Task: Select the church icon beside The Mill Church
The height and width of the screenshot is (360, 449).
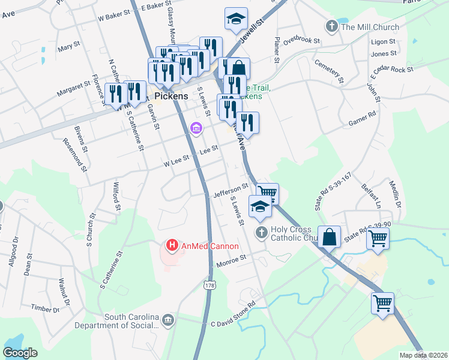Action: coord(331,26)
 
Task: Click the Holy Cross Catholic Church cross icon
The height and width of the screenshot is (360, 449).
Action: coord(261,232)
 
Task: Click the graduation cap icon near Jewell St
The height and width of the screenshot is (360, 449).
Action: coord(237,19)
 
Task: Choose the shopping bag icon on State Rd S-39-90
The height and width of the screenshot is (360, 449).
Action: coord(330,238)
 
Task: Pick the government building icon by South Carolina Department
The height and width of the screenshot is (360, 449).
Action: coord(169,320)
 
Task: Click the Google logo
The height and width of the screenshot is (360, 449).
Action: coord(20,353)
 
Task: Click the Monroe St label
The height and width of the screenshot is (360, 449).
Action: coord(231,259)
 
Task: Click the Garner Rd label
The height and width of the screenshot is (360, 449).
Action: coord(362,118)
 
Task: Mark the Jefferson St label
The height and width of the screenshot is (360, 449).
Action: coord(230,190)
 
